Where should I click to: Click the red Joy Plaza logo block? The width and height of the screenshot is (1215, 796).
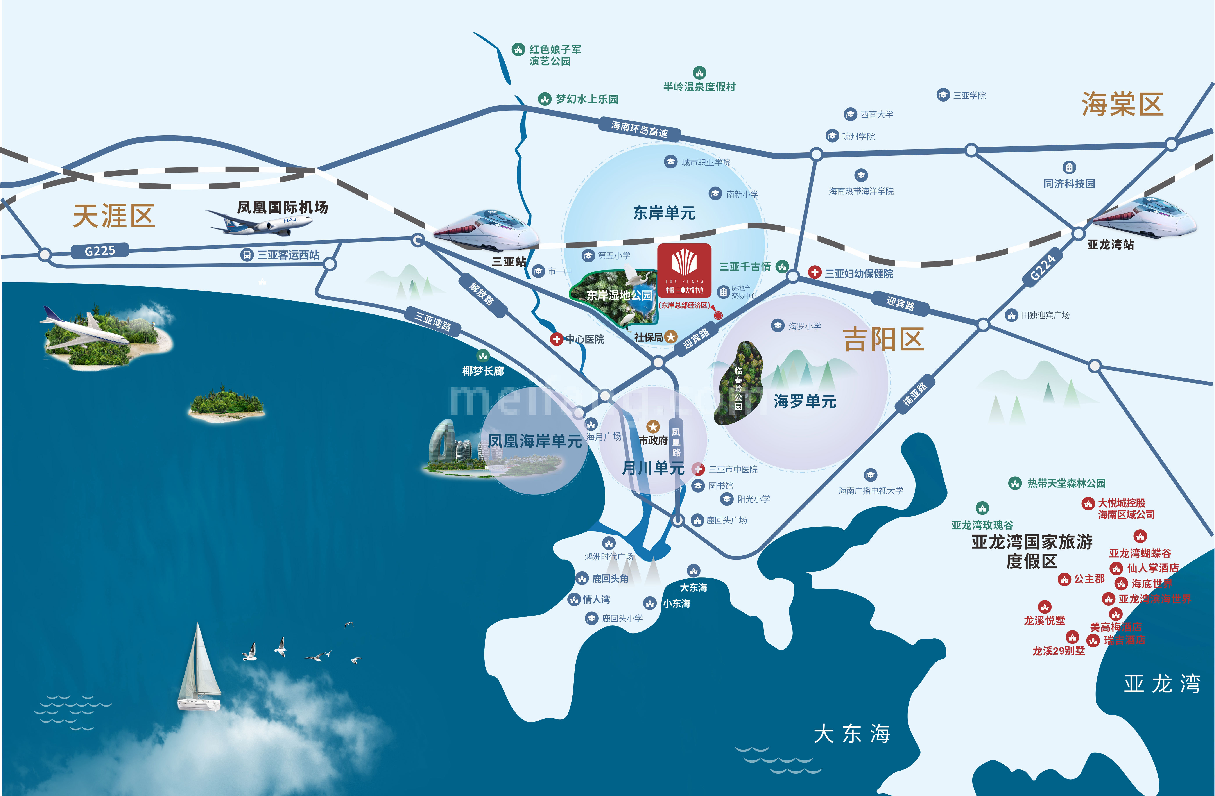point(684,270)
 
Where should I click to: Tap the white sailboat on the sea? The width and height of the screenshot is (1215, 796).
point(199,668)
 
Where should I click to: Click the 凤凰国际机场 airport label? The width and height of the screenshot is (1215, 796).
point(282,207)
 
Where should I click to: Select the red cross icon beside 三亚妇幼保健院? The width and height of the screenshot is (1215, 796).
point(815,273)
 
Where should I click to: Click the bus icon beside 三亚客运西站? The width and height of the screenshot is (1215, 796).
point(247,255)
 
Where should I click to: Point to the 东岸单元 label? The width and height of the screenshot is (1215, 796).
point(664,213)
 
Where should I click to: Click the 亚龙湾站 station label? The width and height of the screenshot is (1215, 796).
point(1110,245)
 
